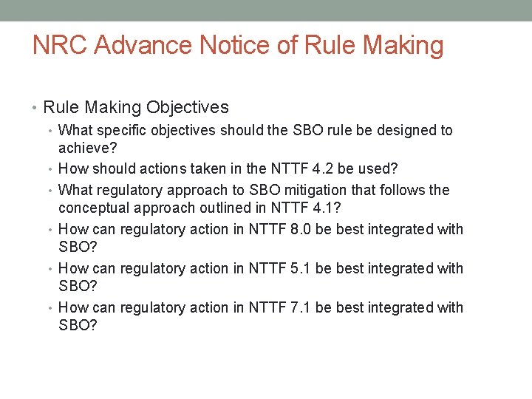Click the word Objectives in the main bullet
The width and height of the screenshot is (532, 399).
188,107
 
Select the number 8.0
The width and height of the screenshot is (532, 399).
300,229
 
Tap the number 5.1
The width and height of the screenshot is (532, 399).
300,268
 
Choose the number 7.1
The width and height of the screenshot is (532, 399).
300,307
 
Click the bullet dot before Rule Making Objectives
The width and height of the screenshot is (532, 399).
35,108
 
